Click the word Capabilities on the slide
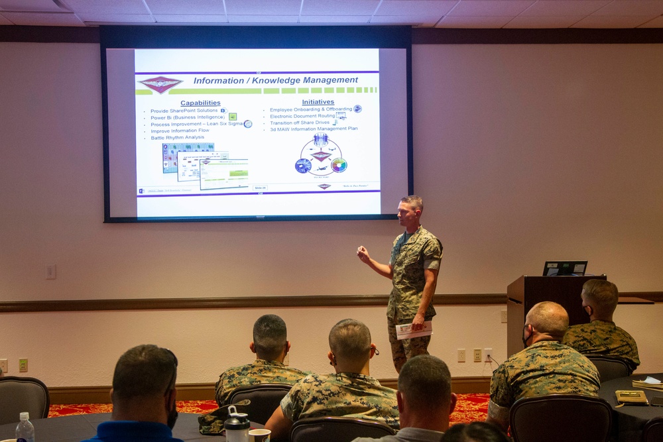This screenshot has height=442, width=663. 200,103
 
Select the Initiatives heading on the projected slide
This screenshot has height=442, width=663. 318,102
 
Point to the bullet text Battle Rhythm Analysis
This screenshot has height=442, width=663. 177,137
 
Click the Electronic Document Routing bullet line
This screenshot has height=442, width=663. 302,116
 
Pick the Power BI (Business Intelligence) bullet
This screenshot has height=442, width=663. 188,117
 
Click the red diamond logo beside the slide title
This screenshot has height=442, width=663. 160,83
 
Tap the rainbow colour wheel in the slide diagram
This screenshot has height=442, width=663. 339,165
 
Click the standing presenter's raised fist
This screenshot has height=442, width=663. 363,253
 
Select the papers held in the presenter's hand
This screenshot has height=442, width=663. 413,330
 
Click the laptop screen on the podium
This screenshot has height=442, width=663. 564,268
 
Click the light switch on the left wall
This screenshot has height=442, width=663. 50,272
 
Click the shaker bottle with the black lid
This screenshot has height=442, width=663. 237,425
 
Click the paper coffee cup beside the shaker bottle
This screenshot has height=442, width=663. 259,435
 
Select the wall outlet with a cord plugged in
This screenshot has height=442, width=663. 488,355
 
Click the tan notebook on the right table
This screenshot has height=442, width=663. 631,397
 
